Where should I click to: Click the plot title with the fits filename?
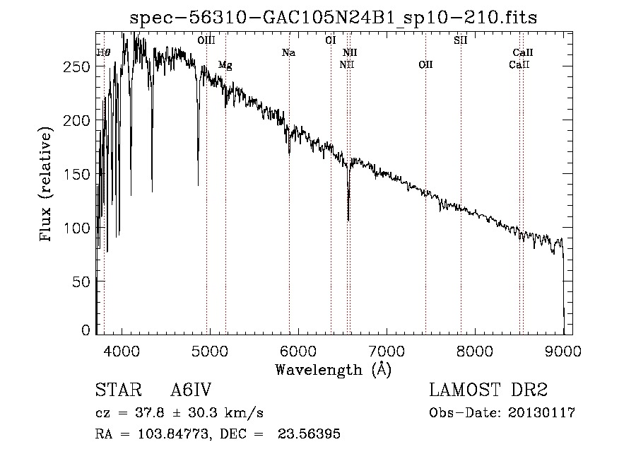coord(334,18)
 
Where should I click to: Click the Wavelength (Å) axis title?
coord(333,369)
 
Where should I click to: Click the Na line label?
coord(288,52)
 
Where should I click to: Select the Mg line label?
coord(225,65)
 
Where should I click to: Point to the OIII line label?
coord(206,40)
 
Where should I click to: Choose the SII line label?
coord(461,40)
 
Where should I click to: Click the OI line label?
coord(330,40)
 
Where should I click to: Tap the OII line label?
coord(425,65)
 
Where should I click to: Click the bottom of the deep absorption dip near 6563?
coord(348,219)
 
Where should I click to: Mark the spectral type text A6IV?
coord(192,390)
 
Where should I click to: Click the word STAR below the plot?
coord(117,390)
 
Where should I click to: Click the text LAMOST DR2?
coord(488,390)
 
